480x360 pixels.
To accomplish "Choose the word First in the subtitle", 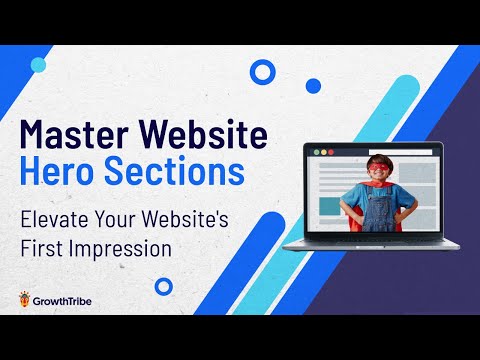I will (46, 244).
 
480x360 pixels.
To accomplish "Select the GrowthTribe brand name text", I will (71, 298).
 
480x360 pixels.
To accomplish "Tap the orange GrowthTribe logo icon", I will (24, 298).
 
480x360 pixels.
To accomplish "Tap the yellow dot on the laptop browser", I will (321, 153).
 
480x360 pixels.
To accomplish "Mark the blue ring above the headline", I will (262, 71).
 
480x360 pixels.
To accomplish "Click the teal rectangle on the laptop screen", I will (329, 205).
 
